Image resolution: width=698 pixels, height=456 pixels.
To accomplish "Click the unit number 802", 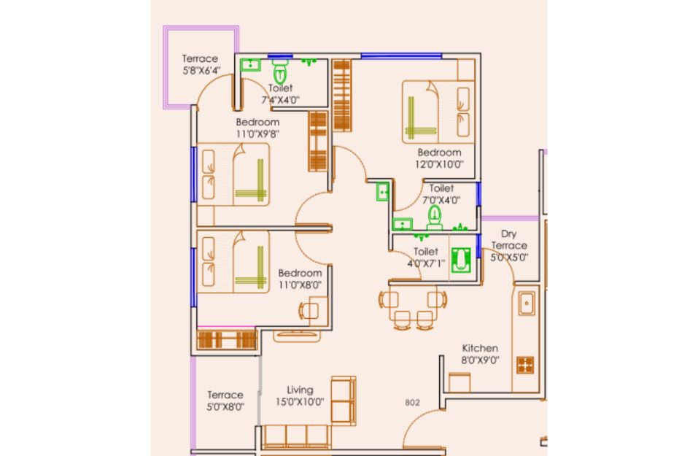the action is [x=412, y=403].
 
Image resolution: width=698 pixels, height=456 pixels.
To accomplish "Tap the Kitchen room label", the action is [x=480, y=348].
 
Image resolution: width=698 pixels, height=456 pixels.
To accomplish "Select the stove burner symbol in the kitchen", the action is [x=525, y=365].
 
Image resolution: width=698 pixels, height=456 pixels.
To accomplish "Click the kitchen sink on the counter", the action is [x=527, y=304].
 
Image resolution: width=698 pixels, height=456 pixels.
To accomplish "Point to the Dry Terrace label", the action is [x=509, y=239].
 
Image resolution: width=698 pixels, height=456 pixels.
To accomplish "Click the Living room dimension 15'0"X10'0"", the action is [x=300, y=402].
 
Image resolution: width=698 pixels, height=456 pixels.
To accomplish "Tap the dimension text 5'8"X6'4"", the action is [x=201, y=70].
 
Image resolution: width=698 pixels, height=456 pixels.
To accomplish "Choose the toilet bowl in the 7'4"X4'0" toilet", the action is [x=280, y=72].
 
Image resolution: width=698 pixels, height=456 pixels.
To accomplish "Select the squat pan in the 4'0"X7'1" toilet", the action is [x=461, y=260].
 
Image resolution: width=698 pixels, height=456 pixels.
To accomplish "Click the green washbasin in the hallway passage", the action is [x=383, y=191].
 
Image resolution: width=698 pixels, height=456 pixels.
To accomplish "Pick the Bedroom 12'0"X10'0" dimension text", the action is [x=439, y=164].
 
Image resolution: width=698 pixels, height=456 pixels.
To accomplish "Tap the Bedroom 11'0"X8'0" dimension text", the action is [x=300, y=285].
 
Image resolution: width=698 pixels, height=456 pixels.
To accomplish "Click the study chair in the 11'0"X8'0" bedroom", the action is [x=308, y=310].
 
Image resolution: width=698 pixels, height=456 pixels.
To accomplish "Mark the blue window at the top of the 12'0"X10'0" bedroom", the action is [x=401, y=56].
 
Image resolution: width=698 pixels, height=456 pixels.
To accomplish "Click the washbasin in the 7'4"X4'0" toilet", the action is [x=251, y=65].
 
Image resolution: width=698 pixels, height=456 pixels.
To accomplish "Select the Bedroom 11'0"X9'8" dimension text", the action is [x=257, y=134].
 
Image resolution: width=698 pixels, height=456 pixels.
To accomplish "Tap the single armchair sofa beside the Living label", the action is [x=344, y=401].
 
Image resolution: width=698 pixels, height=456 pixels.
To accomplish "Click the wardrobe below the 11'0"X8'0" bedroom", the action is [x=227, y=340].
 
